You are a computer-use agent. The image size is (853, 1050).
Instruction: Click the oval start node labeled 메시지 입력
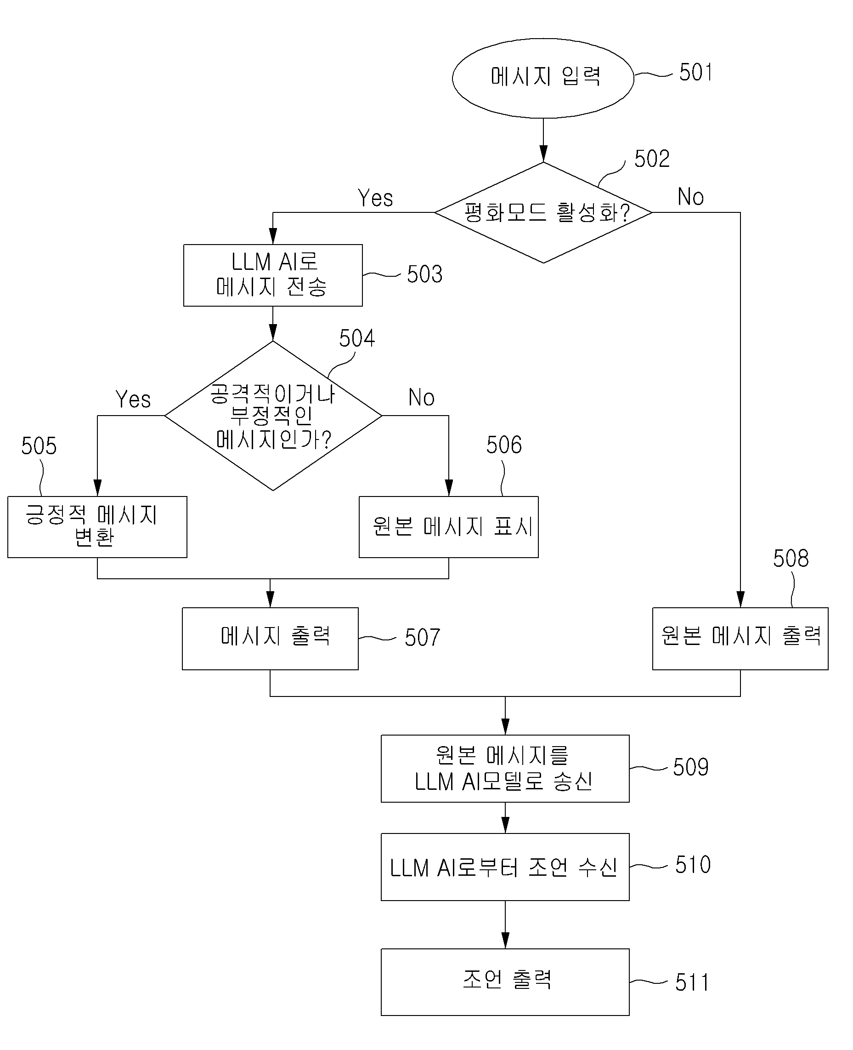[543, 78]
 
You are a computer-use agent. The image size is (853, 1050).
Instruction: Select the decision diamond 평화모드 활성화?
[543, 212]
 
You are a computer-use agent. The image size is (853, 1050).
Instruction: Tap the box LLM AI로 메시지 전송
[273, 275]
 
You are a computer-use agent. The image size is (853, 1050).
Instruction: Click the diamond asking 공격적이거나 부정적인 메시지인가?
[273, 416]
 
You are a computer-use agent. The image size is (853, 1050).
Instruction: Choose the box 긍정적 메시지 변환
[97, 527]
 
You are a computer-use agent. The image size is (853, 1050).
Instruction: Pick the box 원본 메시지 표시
[449, 527]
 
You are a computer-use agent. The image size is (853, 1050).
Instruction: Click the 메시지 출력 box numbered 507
[270, 639]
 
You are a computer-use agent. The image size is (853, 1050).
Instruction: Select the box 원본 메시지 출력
[740, 639]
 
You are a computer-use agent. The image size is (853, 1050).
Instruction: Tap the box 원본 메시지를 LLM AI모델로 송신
[505, 768]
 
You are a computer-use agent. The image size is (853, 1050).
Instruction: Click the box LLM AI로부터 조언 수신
[505, 867]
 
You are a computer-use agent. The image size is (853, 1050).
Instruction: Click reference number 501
[695, 72]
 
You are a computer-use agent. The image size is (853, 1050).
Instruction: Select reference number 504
[357, 338]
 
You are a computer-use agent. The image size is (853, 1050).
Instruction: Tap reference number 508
[791, 558]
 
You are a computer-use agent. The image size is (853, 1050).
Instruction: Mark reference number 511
[692, 982]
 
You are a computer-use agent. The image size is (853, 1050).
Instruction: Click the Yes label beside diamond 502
[375, 198]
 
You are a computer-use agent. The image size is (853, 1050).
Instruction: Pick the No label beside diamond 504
[422, 397]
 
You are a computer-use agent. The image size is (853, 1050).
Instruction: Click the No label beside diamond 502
[691, 197]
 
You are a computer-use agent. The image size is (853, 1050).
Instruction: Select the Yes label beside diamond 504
[133, 399]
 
